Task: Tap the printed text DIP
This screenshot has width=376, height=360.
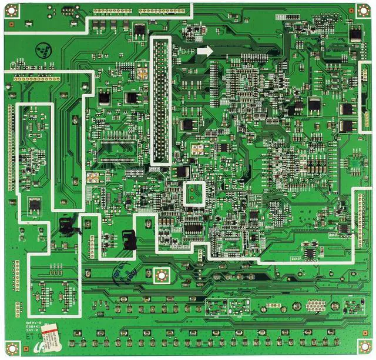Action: (187, 52)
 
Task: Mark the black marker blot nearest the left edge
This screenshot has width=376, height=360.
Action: (67, 225)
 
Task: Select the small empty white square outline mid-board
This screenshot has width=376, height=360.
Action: (194, 194)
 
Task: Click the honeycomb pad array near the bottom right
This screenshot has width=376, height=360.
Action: (315, 305)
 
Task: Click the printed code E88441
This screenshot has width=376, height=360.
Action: (34, 327)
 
